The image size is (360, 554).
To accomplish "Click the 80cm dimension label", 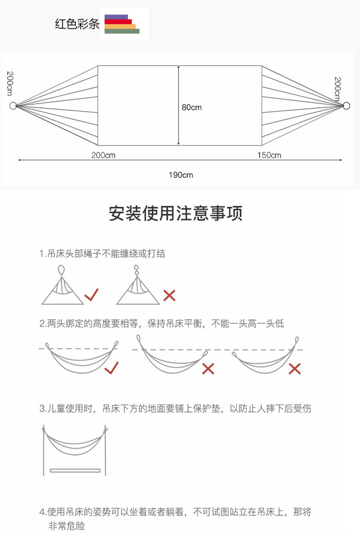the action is (x=192, y=107).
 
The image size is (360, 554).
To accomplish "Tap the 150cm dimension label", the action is (x=269, y=155).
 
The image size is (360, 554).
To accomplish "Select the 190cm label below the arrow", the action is (x=180, y=175).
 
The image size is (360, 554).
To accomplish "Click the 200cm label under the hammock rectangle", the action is (x=103, y=155).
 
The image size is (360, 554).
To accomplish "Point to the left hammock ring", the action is (x=13, y=106).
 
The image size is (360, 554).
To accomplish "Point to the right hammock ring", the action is (x=346, y=106).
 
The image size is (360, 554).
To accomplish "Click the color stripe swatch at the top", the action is (x=122, y=24).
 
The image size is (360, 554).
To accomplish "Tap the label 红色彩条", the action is (x=77, y=24).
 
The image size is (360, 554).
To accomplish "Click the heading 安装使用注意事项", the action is (x=176, y=213).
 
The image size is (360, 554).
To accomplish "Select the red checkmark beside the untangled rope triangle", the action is (x=91, y=295).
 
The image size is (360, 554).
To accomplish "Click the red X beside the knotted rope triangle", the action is (x=169, y=295).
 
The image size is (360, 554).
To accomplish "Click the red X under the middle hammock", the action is (x=208, y=368).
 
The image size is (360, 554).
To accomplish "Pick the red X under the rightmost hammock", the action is (x=294, y=368).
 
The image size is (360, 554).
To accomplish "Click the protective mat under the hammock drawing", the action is (x=75, y=470).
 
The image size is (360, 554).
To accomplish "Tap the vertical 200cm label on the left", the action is (x=9, y=82).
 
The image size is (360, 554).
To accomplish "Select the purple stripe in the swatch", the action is (x=116, y=17).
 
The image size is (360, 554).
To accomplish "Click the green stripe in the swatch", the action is (x=122, y=31).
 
